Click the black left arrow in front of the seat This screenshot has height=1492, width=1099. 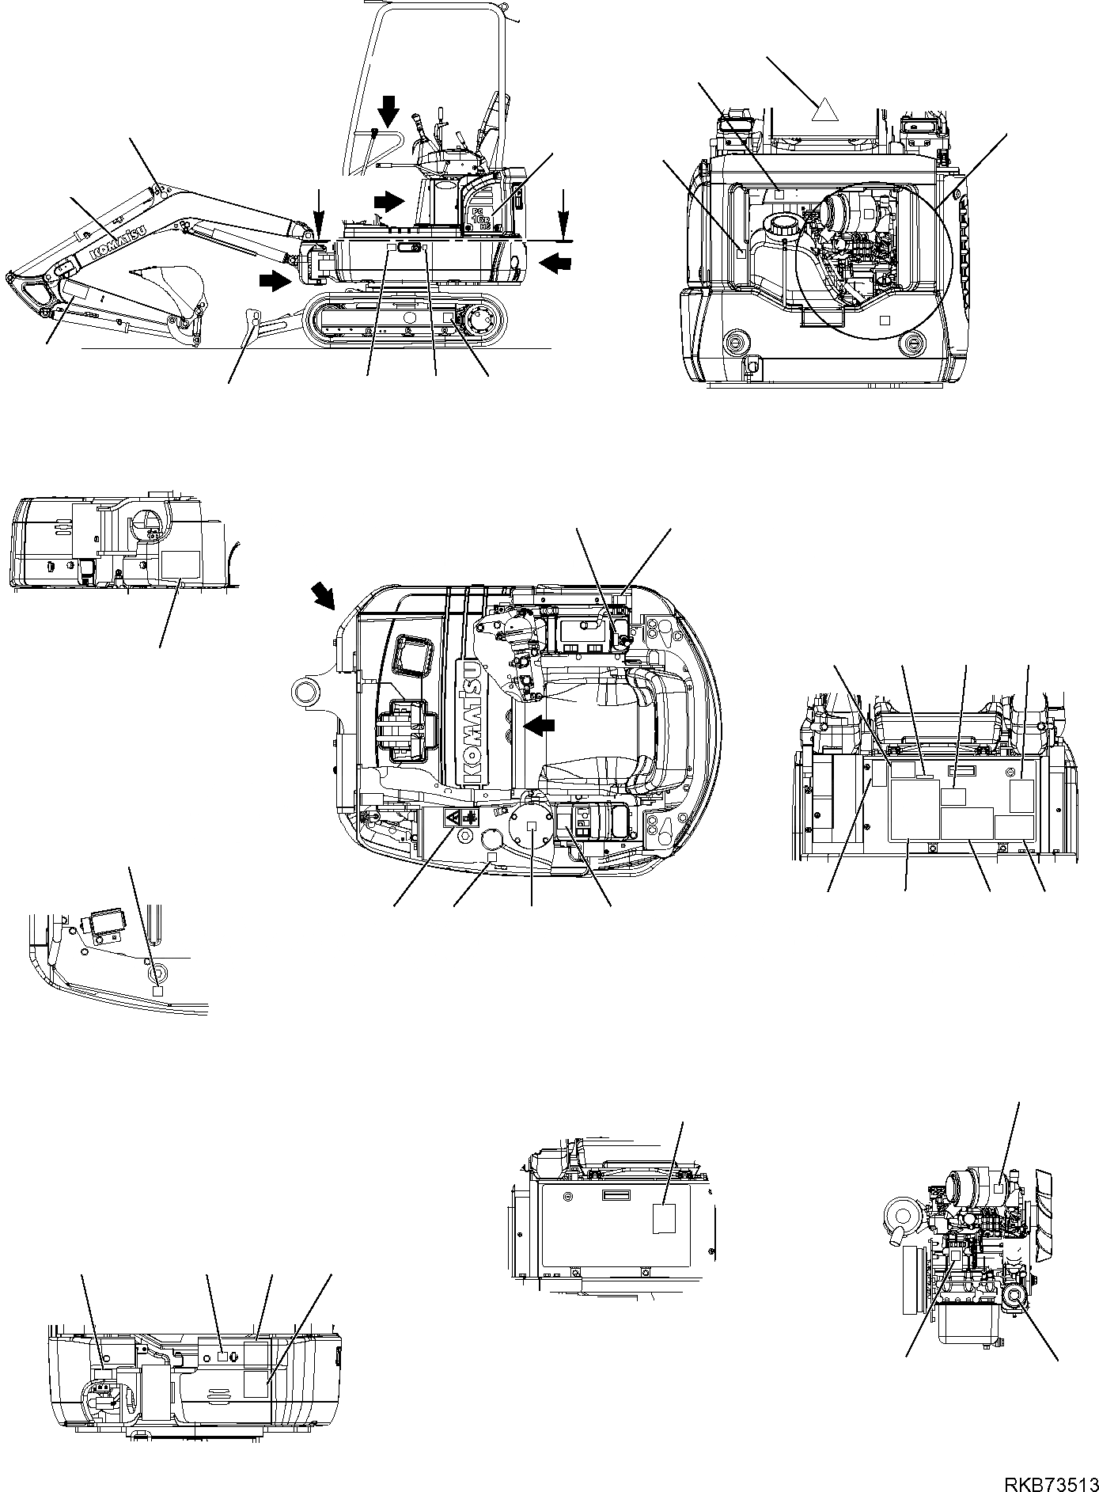click(x=540, y=724)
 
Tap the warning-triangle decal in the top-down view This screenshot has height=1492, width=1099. click(x=453, y=819)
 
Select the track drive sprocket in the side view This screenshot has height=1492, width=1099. click(x=481, y=323)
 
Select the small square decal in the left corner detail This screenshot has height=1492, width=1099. click(x=157, y=990)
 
